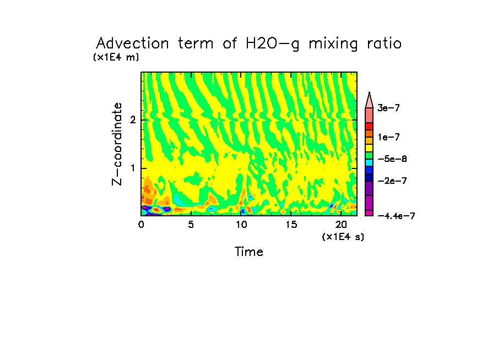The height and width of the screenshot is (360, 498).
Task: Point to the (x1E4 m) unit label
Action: (x=116, y=57)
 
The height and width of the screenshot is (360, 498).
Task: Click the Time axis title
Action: (x=249, y=252)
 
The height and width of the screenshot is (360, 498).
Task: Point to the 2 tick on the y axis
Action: (x=133, y=120)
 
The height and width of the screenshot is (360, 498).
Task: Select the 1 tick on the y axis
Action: (x=133, y=168)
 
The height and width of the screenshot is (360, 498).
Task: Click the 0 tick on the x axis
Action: (x=141, y=225)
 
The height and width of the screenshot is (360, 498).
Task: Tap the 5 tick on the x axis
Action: (x=191, y=225)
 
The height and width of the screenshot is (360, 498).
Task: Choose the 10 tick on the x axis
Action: (x=241, y=225)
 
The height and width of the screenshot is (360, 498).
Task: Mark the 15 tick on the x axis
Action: (x=291, y=225)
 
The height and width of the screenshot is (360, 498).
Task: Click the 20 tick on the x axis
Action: (x=341, y=225)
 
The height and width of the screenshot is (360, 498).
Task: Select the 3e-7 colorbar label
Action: (x=388, y=108)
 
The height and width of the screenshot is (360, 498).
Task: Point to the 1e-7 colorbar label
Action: (x=388, y=137)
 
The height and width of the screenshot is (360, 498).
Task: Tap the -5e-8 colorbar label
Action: (x=392, y=159)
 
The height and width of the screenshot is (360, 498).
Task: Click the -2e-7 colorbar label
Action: (x=392, y=181)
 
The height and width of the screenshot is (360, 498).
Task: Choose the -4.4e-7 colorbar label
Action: (x=396, y=216)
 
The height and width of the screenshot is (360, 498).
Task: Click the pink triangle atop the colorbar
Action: (x=370, y=99)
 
